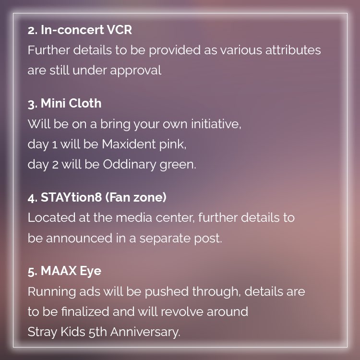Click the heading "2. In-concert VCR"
[x=80, y=30]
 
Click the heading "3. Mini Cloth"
[x=64, y=104]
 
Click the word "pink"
[x=179, y=144]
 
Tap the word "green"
[x=180, y=164]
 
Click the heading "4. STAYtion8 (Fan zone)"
[x=96, y=198]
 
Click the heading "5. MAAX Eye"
[x=64, y=271]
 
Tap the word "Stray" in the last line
[x=40, y=332]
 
